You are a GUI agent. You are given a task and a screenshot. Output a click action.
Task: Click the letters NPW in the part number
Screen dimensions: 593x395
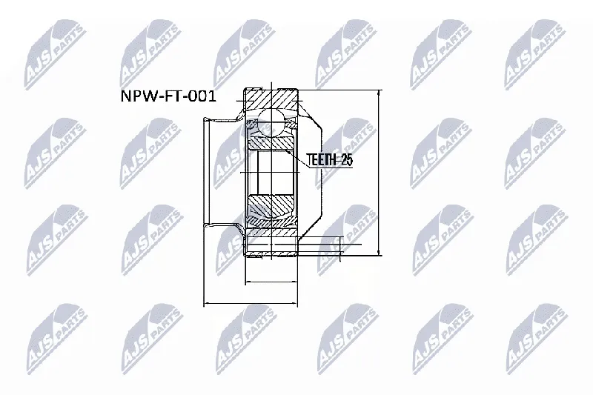point(136,96)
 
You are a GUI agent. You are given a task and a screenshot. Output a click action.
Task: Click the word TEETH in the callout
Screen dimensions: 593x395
point(321,160)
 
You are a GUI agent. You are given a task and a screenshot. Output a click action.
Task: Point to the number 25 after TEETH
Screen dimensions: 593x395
point(346,160)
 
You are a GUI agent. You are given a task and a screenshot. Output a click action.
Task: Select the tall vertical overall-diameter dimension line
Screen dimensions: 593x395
point(379,173)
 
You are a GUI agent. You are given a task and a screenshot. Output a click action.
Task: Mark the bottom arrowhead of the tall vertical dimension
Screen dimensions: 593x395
point(379,252)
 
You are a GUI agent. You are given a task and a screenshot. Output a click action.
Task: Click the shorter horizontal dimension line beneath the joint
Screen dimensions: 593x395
point(271,282)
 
